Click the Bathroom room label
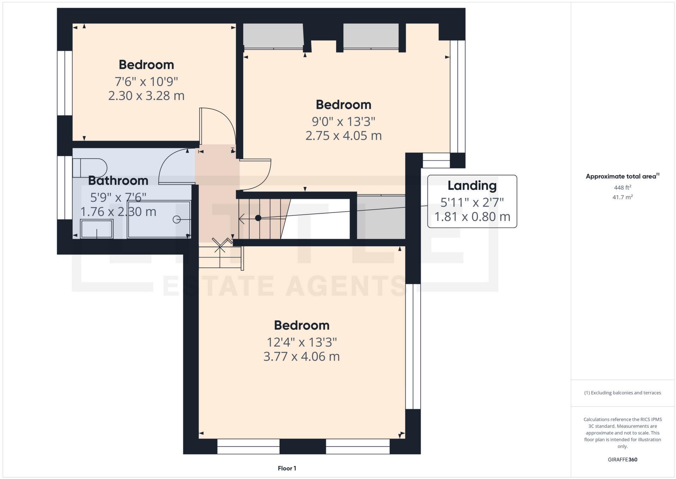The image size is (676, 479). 118,180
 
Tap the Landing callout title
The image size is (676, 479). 472,185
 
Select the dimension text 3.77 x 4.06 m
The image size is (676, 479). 302,357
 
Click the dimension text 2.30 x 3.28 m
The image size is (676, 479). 146,96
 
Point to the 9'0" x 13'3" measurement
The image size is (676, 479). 343,121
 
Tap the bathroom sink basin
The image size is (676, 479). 97,229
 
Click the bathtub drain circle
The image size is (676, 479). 176,220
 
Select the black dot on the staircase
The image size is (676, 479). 258,218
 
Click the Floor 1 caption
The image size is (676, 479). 287,468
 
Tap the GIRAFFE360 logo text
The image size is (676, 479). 622,460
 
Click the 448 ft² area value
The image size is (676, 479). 622,188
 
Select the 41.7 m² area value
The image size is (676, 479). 622,197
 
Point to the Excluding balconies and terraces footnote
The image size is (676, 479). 622,393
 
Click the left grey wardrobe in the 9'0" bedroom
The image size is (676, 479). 273,35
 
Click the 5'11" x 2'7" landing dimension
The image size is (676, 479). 472,202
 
